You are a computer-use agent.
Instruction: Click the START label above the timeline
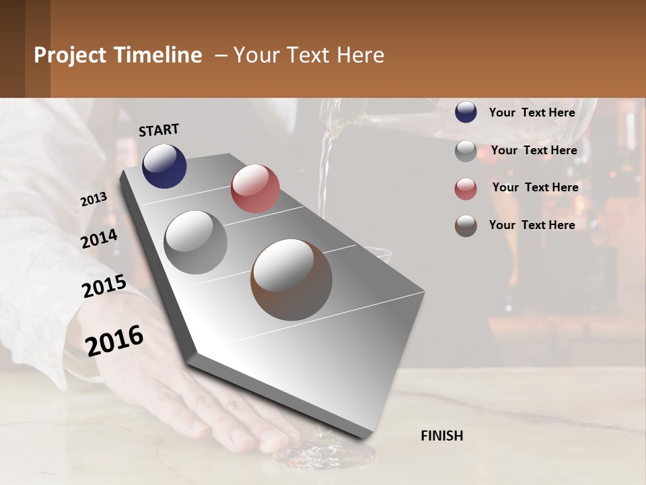(x=159, y=130)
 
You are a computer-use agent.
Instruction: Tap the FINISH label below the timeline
(x=441, y=436)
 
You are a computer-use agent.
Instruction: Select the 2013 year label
(x=94, y=199)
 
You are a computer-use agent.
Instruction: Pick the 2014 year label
(x=99, y=239)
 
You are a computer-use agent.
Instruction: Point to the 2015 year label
(x=104, y=286)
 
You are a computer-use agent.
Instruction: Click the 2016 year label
(x=114, y=340)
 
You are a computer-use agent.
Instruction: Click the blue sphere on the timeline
(x=164, y=166)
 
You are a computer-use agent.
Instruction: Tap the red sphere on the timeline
(x=255, y=189)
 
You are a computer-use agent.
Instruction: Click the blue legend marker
(x=466, y=112)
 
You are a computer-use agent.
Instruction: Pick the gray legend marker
(x=466, y=151)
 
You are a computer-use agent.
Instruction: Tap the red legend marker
(x=466, y=189)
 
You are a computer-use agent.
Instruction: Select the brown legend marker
(x=466, y=226)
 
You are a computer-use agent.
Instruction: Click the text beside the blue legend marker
(x=532, y=112)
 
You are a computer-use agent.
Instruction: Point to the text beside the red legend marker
(x=535, y=187)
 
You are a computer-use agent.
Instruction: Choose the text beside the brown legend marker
(x=532, y=225)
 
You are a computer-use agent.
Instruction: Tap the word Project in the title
(x=69, y=55)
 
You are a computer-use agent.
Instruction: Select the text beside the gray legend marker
(x=534, y=150)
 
